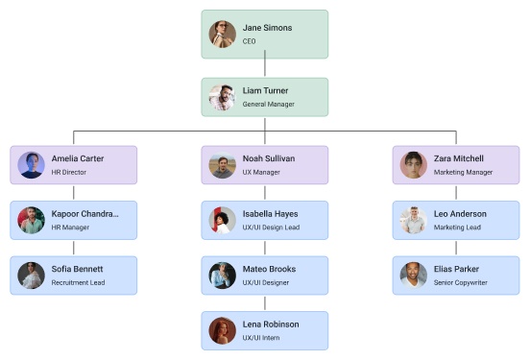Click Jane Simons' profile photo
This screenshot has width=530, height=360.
tap(223, 35)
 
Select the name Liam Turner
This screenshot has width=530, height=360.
tap(265, 91)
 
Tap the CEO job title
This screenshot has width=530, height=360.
tap(249, 42)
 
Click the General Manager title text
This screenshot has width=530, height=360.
tap(268, 104)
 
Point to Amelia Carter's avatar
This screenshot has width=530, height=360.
tap(32, 165)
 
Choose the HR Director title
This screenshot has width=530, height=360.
tap(69, 173)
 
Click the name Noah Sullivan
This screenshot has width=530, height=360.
tap(269, 158)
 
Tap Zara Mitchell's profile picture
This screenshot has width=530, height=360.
tap(414, 165)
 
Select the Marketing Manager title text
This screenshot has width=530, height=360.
tap(463, 173)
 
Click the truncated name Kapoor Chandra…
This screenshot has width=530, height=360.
tap(85, 213)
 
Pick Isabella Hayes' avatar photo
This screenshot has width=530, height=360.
tap(223, 221)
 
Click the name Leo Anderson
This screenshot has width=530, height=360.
tap(460, 213)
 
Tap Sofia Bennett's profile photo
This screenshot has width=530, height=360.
tap(32, 276)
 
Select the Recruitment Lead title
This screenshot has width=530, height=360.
tap(78, 282)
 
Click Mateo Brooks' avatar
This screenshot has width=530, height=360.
tap(223, 276)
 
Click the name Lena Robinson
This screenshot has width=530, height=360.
tap(271, 324)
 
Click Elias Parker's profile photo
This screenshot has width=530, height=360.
tap(414, 276)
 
